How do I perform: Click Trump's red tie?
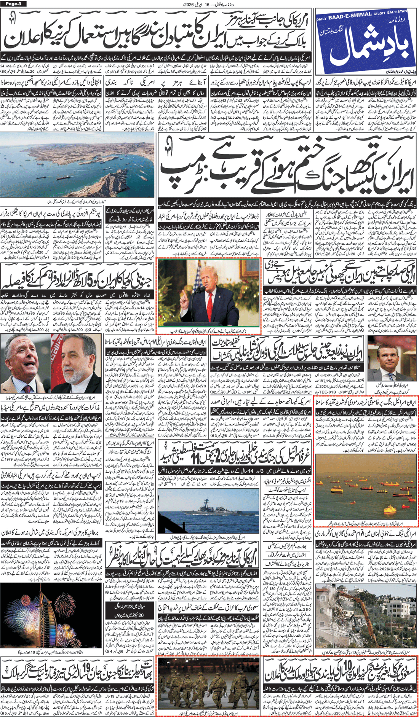tap(210, 308)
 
